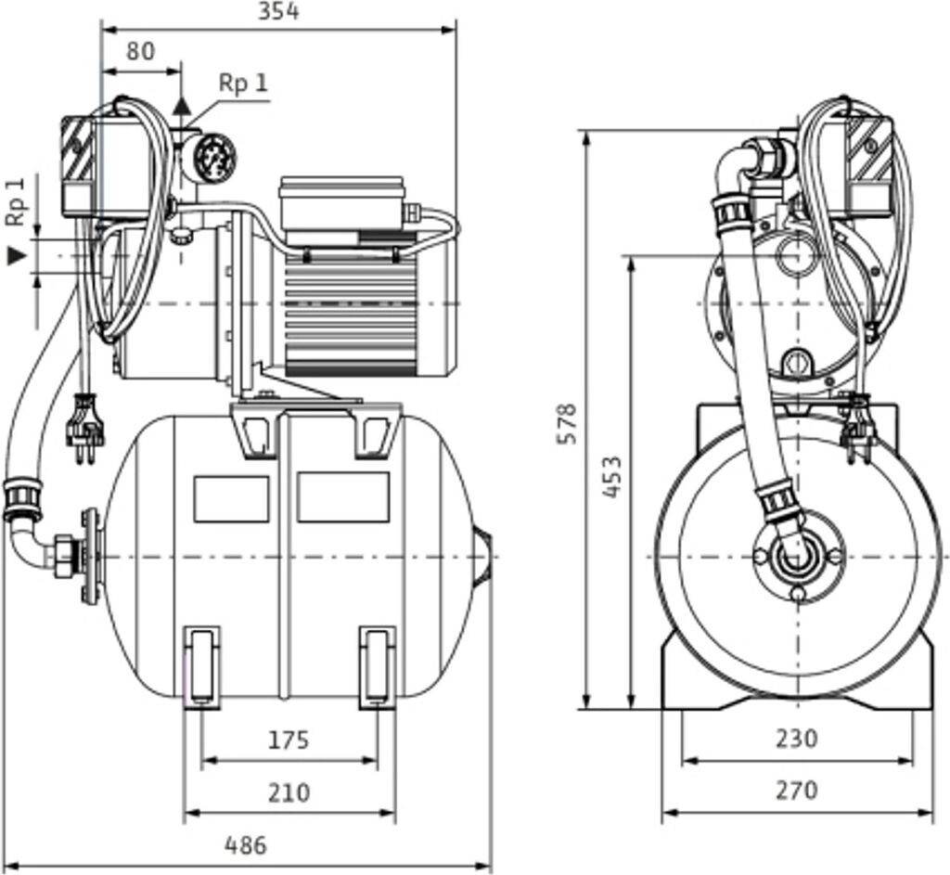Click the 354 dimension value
[278, 11]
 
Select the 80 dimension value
[141, 52]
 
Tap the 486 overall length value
[246, 844]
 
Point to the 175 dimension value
[289, 740]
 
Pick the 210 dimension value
[289, 792]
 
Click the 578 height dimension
[567, 423]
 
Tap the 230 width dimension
[797, 738]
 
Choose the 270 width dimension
[797, 790]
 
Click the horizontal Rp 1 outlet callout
[243, 83]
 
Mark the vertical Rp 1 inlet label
[17, 201]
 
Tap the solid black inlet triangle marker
[17, 256]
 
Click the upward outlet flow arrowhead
[181, 106]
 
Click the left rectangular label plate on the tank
[231, 498]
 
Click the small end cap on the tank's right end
[481, 557]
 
